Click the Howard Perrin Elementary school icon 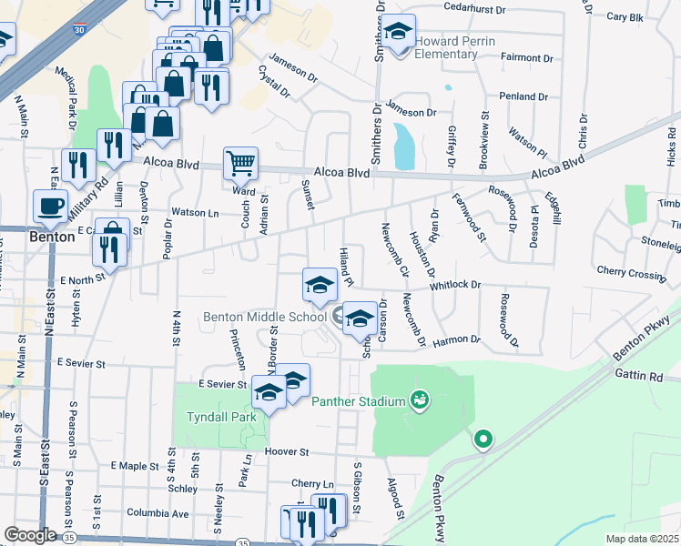tap(398, 33)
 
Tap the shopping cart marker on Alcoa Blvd tap(241, 164)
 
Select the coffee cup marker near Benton tap(50, 205)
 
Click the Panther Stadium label tap(359, 401)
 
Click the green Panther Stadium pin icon tap(419, 399)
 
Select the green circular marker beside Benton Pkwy tap(483, 440)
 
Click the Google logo tap(29, 534)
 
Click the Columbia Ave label tap(158, 513)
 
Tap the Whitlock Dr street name tap(455, 285)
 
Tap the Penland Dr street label tap(523, 96)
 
